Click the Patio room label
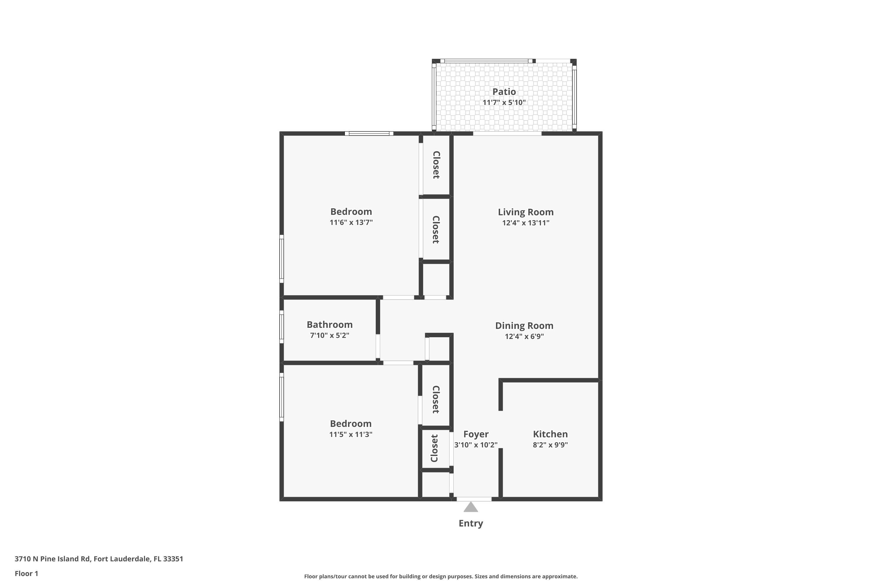pyautogui.click(x=504, y=91)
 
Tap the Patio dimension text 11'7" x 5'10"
pyautogui.click(x=504, y=102)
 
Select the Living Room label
pyautogui.click(x=525, y=212)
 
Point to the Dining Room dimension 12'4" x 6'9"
pyautogui.click(x=524, y=336)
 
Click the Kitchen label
pyautogui.click(x=550, y=434)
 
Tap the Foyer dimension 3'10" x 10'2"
pyautogui.click(x=475, y=445)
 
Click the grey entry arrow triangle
pyautogui.click(x=471, y=508)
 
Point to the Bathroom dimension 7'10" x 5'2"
pyautogui.click(x=329, y=335)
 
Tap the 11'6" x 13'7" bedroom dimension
pyautogui.click(x=351, y=222)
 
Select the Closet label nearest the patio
pyautogui.click(x=436, y=165)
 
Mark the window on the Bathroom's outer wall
pyautogui.click(x=282, y=326)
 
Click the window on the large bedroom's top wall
pyautogui.click(x=369, y=133)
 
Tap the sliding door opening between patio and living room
pyautogui.click(x=507, y=133)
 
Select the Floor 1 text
pyautogui.click(x=26, y=573)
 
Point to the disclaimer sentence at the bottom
pyautogui.click(x=441, y=576)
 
